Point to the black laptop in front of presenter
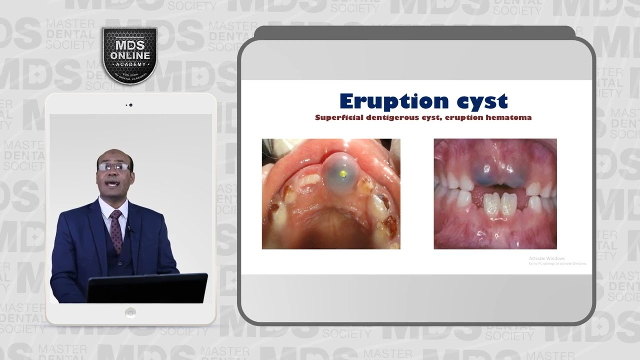(x=147, y=288)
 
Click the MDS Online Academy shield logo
(x=130, y=55)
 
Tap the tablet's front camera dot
(x=130, y=105)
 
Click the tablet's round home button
(x=130, y=313)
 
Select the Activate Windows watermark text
(x=546, y=258)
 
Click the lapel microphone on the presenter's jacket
(x=129, y=229)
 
